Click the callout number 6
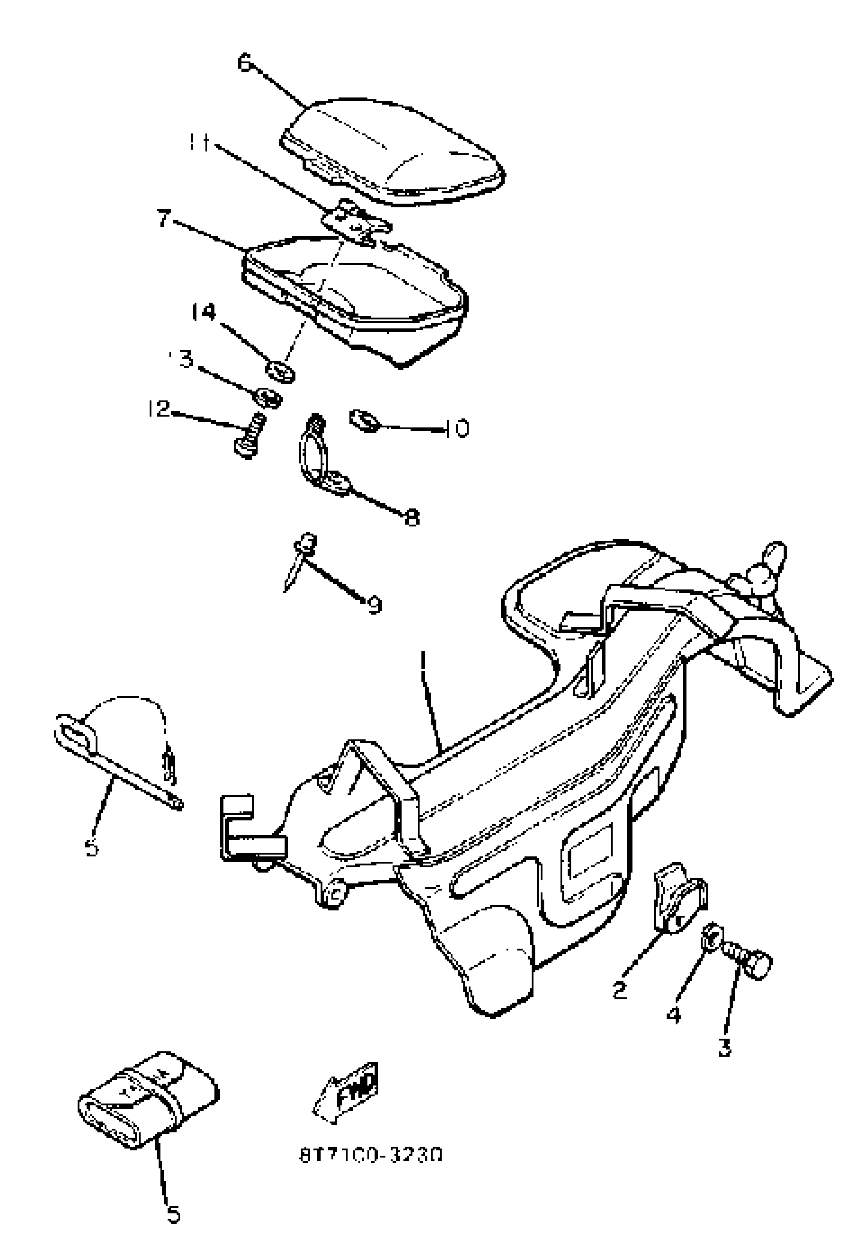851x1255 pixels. (x=244, y=63)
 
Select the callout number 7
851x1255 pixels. (x=164, y=219)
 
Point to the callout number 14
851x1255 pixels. (x=204, y=312)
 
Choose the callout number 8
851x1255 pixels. (x=412, y=518)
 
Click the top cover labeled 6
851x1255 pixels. (x=394, y=151)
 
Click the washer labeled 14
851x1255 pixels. (x=280, y=372)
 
